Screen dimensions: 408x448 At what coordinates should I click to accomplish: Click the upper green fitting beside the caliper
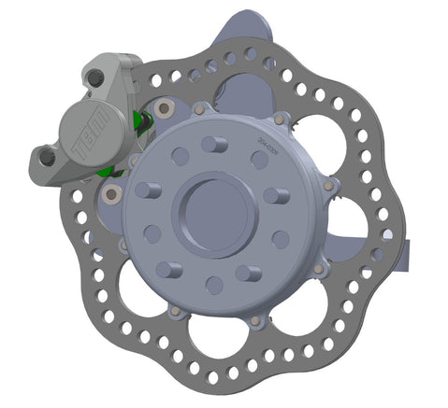click(143, 120)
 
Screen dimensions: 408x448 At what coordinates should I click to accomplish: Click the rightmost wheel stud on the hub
click(276, 196)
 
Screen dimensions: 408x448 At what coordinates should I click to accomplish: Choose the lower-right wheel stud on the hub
click(247, 273)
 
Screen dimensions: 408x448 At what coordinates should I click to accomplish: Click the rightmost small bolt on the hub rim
click(328, 190)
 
